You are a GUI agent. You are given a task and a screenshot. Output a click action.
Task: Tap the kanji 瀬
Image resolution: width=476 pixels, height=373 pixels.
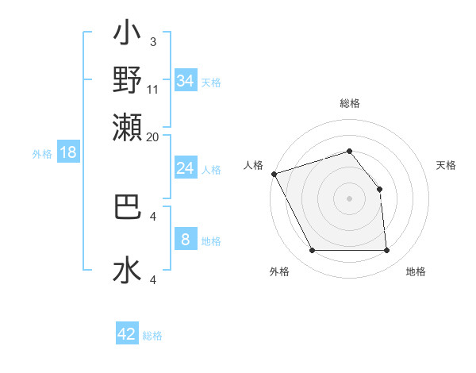click(x=128, y=126)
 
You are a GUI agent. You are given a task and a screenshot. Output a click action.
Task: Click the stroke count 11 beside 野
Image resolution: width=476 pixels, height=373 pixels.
click(x=153, y=89)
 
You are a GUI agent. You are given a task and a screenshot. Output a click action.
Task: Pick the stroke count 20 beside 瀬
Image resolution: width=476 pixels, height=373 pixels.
click(x=153, y=137)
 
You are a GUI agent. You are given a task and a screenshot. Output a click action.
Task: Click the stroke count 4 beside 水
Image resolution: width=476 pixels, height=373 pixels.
click(x=153, y=279)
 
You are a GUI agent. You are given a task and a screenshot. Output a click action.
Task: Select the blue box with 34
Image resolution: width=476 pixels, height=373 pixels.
click(x=185, y=81)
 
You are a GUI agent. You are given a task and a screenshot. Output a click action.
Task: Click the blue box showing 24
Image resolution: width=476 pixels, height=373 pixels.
click(x=185, y=168)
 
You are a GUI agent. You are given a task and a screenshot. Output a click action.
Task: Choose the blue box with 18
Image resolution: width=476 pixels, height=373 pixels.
click(x=68, y=152)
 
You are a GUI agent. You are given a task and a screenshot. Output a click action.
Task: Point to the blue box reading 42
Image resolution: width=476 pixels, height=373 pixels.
click(x=127, y=334)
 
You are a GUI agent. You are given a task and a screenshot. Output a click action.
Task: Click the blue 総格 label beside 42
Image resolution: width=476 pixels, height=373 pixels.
click(x=152, y=336)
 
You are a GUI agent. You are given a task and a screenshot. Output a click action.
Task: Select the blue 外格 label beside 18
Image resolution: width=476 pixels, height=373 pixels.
click(x=42, y=154)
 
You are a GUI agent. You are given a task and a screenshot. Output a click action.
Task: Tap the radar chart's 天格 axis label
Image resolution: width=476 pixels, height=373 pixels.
click(x=447, y=165)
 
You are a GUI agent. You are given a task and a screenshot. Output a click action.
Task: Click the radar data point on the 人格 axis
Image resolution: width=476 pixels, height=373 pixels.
click(x=274, y=174)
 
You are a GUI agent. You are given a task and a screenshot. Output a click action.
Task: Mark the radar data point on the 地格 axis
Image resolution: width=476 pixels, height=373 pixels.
click(x=386, y=251)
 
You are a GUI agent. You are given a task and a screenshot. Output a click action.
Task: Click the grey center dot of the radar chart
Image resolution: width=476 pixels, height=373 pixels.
click(x=349, y=198)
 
